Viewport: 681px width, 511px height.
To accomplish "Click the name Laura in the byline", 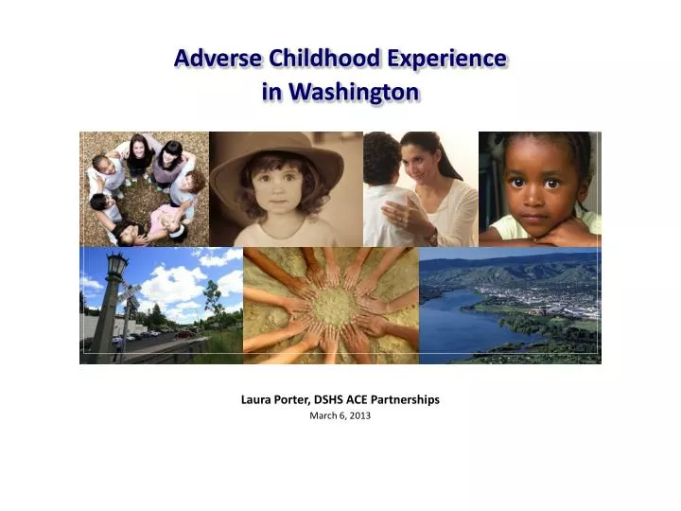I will (x=257, y=399).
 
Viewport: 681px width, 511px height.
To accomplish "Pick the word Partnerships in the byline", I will (x=410, y=399).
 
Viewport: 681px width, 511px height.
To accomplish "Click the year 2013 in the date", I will (x=358, y=416).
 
